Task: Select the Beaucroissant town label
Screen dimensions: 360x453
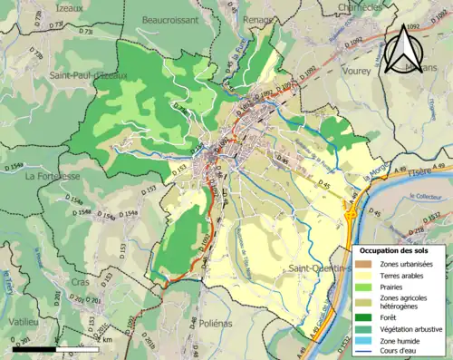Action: [x=169, y=17]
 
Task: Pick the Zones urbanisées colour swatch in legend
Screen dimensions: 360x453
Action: [x=365, y=263]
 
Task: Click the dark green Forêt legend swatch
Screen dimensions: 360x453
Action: [x=365, y=316]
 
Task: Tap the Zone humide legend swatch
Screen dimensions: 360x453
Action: [x=365, y=340]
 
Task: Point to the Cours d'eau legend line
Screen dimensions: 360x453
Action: [x=365, y=352]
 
